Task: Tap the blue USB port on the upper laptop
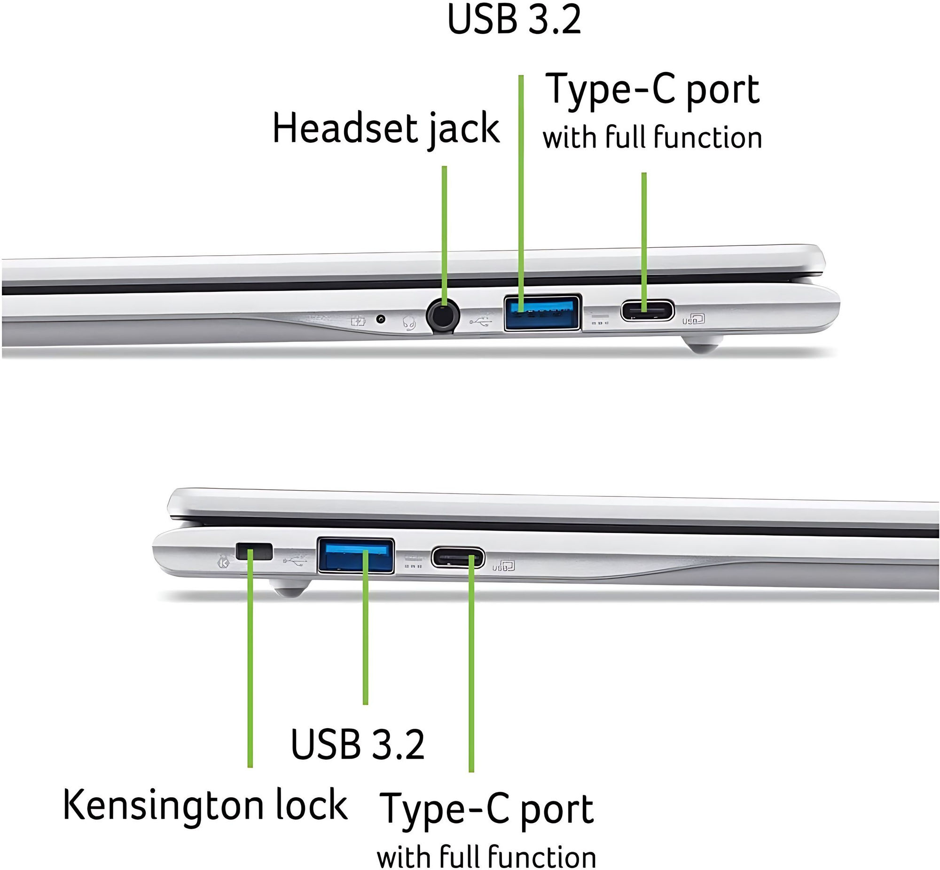pos(542,313)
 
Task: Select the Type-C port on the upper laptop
pos(648,311)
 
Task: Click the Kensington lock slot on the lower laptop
pos(254,551)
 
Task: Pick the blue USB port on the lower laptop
pos(356,556)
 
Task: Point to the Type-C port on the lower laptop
pos(457,558)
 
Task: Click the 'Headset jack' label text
pos(385,128)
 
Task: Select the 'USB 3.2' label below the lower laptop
pos(358,744)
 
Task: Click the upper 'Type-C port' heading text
pos(652,89)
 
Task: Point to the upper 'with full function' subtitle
pos(652,137)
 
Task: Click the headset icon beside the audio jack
pos(409,323)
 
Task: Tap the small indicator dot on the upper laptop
pos(381,320)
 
